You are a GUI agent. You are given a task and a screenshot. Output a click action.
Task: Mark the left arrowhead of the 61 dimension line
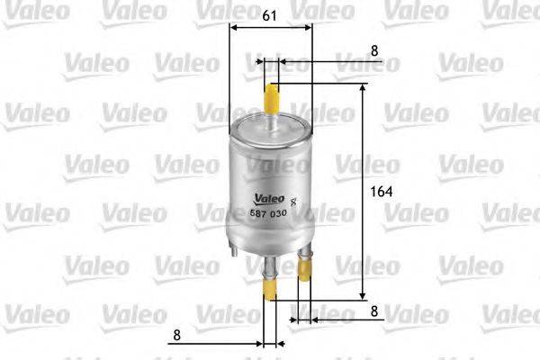[x=235, y=27]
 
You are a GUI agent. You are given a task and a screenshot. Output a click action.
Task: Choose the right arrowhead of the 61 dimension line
[x=310, y=27]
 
